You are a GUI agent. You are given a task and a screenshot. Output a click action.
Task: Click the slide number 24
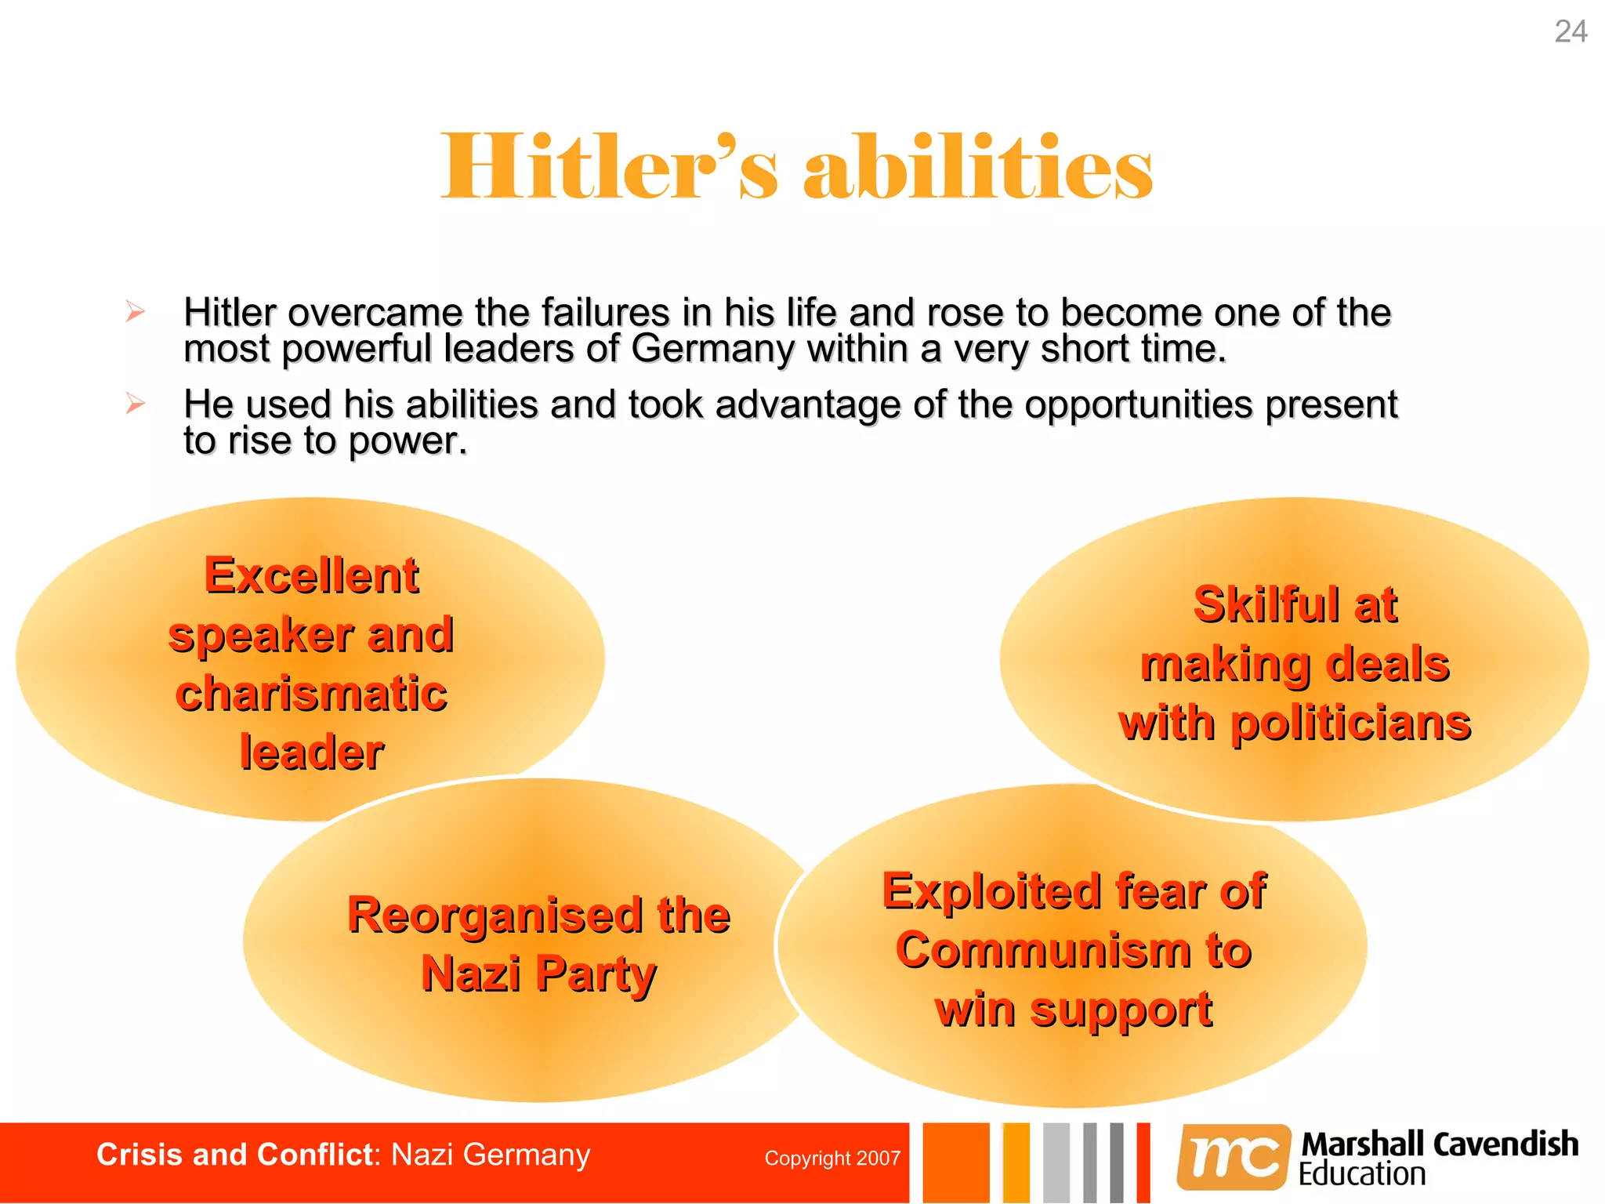point(1571,32)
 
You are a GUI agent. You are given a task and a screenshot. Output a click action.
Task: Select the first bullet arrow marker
point(136,312)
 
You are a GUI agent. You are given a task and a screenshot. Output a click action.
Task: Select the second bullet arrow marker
point(136,404)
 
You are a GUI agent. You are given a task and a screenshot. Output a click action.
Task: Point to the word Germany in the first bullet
point(712,349)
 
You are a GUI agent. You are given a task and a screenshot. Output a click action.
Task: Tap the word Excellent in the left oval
point(312,575)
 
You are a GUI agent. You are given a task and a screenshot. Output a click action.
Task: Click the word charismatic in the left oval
point(312,694)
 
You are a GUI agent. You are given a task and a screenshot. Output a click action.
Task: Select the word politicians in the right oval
point(1351,723)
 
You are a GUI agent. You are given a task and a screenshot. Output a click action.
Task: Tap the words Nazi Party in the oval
point(538,974)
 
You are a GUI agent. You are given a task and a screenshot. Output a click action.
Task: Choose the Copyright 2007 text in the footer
point(832,1159)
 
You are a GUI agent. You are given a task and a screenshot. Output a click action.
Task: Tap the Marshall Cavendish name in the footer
point(1440,1144)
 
